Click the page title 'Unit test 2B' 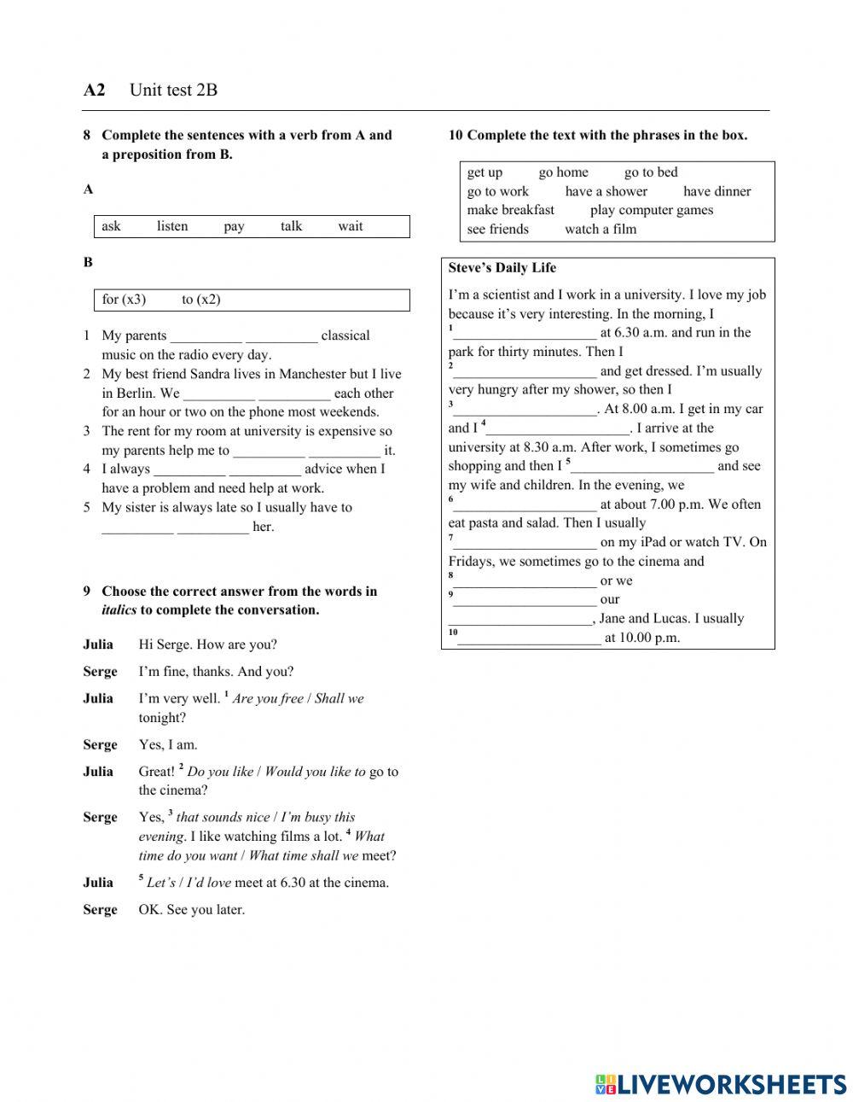(173, 90)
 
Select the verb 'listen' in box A (172, 226)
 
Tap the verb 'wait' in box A (350, 226)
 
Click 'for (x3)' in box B (124, 300)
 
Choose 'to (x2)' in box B (200, 300)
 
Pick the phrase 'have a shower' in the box (606, 191)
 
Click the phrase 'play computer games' (651, 210)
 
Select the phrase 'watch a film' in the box (600, 229)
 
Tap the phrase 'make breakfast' (510, 210)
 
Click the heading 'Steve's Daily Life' (502, 268)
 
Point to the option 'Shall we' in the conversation (339, 698)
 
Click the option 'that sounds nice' (223, 817)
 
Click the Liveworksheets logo (720, 1084)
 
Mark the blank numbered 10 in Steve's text (529, 638)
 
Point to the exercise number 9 (87, 591)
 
